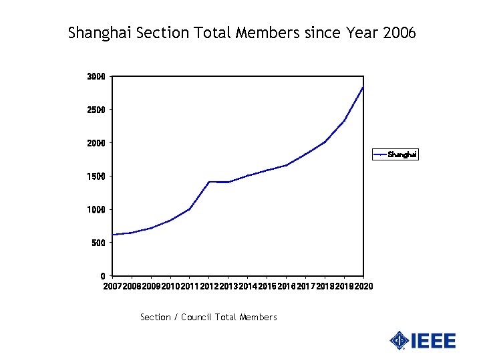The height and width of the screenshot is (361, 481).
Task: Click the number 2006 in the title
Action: [x=399, y=32]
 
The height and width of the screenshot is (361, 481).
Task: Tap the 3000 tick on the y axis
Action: [x=96, y=76]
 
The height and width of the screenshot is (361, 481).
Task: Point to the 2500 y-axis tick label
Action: [x=96, y=110]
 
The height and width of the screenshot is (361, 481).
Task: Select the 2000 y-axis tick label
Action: [x=96, y=143]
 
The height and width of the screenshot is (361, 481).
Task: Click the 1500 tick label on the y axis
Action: [x=96, y=176]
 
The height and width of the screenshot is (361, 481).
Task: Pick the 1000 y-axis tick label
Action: [x=96, y=210]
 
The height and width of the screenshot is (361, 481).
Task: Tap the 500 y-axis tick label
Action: [x=98, y=243]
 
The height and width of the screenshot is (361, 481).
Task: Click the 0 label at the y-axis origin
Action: [x=102, y=276]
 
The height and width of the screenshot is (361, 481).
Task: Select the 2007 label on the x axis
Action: [x=112, y=287]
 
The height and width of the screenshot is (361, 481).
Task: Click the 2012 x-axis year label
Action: [x=208, y=287]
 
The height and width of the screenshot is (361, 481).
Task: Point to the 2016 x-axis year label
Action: [x=286, y=287]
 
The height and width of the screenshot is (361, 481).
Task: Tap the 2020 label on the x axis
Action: [x=363, y=287]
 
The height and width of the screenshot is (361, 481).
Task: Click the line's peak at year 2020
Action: [x=363, y=87]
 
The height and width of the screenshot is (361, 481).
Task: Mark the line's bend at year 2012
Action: [x=209, y=182]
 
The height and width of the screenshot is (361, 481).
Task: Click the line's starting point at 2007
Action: [x=113, y=235]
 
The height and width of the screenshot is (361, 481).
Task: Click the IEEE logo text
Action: [x=434, y=341]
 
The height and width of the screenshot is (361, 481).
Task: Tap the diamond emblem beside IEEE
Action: [x=399, y=340]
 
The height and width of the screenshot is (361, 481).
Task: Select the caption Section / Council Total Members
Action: [x=208, y=317]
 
